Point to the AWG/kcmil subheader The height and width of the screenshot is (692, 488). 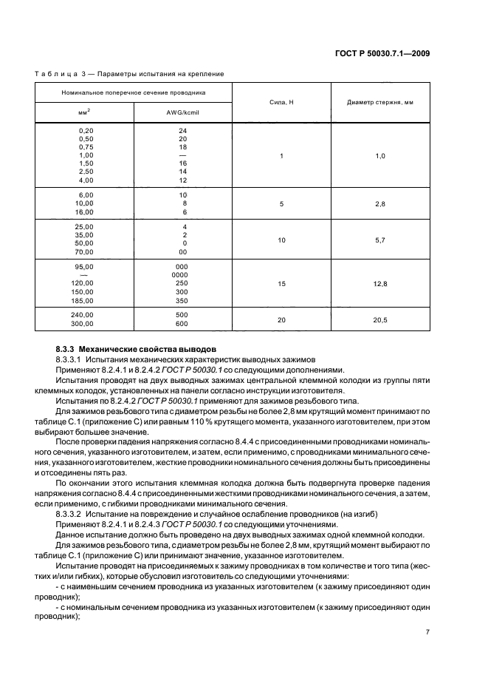click(182, 112)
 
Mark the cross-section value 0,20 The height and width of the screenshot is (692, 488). click(86, 130)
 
